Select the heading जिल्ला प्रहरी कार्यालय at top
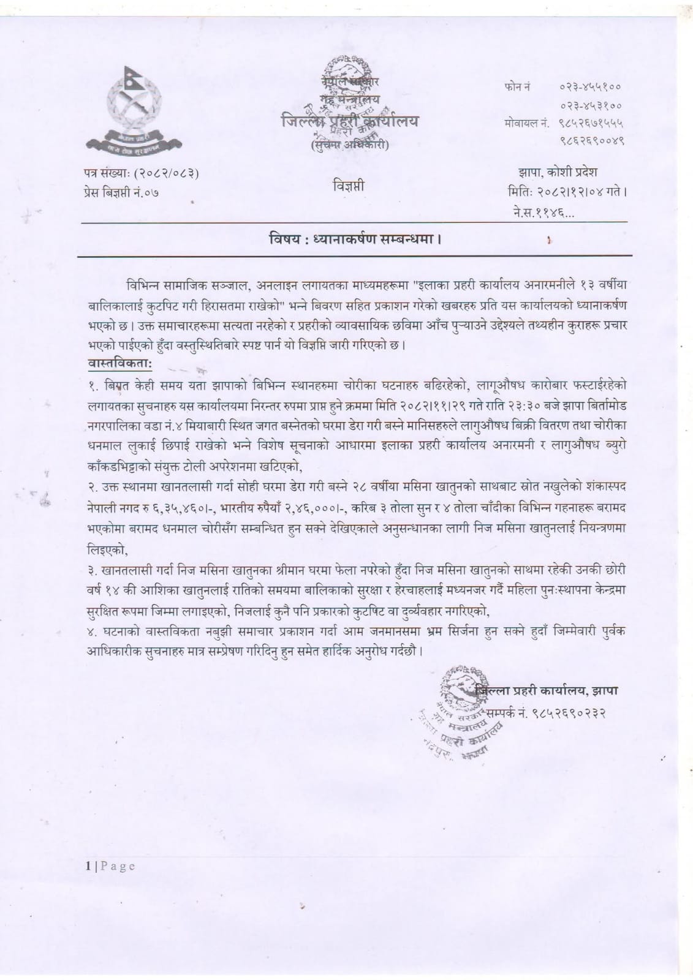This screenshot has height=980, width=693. pyautogui.click(x=350, y=121)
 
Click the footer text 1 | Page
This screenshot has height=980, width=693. pyautogui.click(x=110, y=866)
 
